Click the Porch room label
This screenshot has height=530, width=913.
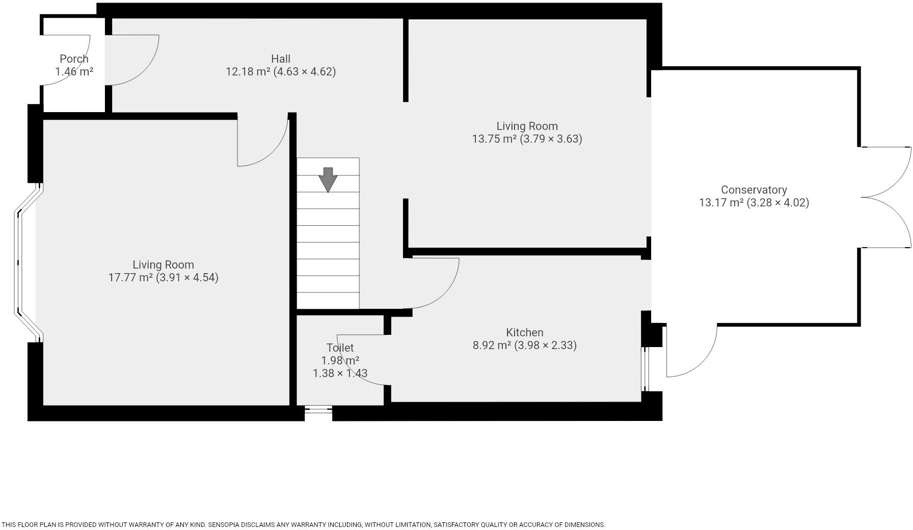click(x=74, y=59)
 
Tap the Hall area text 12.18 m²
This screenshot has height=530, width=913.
click(x=248, y=72)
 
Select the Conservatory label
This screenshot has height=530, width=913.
click(x=754, y=190)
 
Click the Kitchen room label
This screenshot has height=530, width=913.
click(x=524, y=333)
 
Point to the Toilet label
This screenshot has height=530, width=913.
click(x=340, y=348)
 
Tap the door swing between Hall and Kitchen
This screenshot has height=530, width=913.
click(x=438, y=285)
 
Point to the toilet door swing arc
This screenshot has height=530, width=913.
click(x=357, y=362)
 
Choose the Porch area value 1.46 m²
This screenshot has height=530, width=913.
click(x=74, y=72)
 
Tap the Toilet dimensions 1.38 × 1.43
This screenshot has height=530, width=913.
click(x=340, y=374)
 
